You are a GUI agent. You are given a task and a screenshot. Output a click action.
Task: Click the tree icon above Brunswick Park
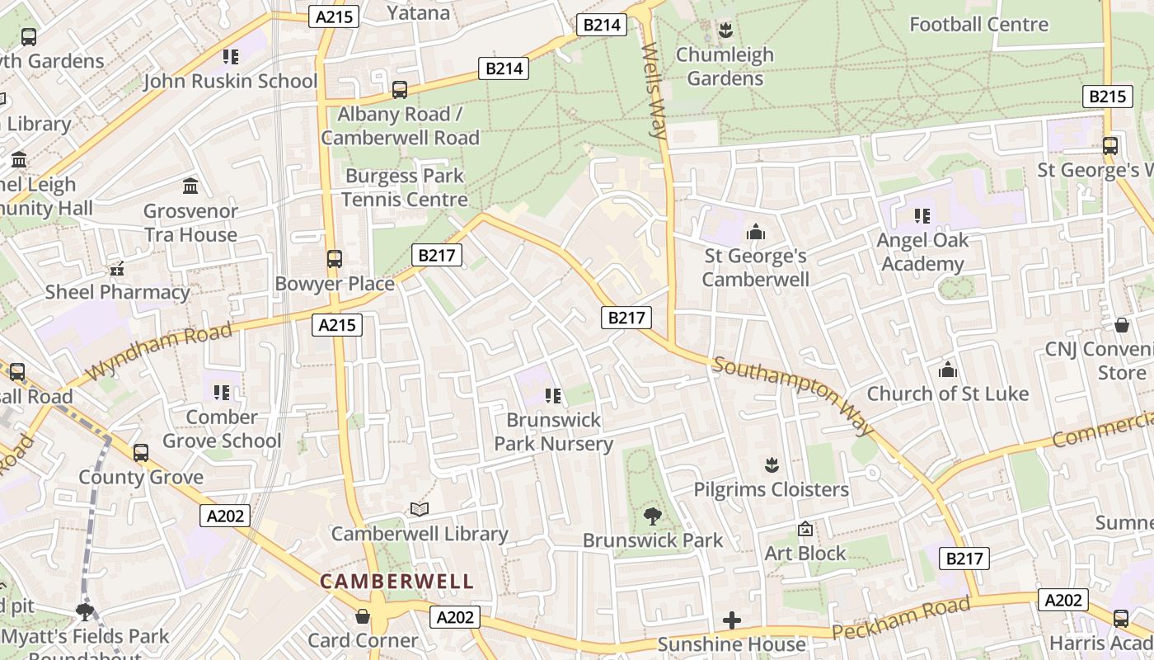(652, 516)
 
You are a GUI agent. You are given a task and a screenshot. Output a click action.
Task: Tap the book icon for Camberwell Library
(420, 510)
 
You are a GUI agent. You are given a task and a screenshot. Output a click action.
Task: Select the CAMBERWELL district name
(396, 582)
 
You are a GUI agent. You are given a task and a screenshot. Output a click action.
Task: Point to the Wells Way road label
(654, 91)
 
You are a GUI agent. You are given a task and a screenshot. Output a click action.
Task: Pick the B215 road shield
(1106, 97)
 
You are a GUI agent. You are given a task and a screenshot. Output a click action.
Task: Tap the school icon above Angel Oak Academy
(922, 216)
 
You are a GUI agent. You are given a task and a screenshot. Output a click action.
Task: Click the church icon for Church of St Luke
(948, 370)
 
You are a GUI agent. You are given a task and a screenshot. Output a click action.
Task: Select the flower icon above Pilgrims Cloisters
(772, 465)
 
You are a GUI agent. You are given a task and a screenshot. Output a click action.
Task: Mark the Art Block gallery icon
(805, 529)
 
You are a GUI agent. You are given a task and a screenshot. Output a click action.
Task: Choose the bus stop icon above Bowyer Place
(334, 259)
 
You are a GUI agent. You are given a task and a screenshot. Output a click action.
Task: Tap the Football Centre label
(978, 24)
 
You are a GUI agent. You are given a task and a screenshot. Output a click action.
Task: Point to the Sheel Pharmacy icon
(117, 268)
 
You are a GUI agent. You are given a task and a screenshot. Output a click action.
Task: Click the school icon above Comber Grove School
(221, 393)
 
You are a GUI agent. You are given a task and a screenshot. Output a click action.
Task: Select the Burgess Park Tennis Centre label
(404, 187)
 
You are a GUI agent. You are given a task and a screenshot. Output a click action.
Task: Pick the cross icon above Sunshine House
(731, 620)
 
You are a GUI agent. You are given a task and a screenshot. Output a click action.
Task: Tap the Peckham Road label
(901, 619)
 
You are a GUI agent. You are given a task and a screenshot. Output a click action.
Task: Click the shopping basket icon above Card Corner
(363, 616)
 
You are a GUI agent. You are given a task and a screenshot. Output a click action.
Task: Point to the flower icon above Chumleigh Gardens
(725, 31)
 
